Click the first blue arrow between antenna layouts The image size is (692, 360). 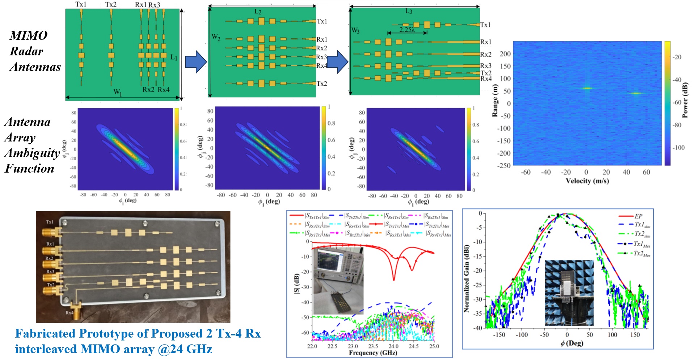click(196, 62)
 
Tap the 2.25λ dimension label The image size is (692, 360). click(407, 29)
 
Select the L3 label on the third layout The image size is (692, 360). click(409, 11)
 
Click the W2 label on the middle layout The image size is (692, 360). click(216, 37)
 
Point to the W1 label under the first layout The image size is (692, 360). click(118, 93)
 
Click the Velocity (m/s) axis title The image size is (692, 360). click(587, 181)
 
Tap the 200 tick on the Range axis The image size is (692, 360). click(505, 54)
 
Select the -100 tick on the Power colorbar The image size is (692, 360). click(679, 148)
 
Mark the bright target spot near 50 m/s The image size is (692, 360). click(636, 93)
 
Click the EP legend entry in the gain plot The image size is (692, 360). click(638, 216)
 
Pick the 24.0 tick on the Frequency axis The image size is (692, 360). click(393, 346)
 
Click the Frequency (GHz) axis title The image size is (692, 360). click(373, 353)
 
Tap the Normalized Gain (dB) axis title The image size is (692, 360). click(467, 278)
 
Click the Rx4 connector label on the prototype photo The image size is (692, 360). click(69, 313)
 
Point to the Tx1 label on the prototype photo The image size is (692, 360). click(50, 222)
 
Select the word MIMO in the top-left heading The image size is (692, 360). click(29, 35)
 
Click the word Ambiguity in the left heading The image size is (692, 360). click(32, 153)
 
